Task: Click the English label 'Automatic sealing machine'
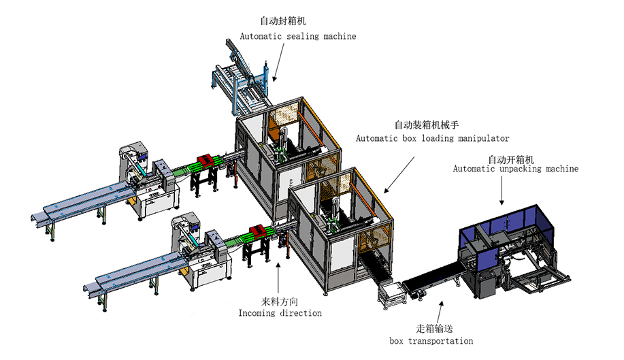point(297,36)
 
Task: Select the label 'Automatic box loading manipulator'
point(432,138)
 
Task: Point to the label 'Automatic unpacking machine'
point(516,168)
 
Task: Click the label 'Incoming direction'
point(280,313)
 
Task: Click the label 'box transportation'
point(431,340)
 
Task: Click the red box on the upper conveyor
point(206,161)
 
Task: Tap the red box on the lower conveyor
point(258,232)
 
